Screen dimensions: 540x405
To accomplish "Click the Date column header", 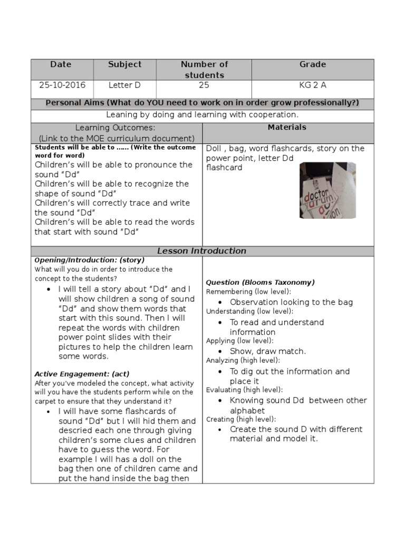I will tap(61, 64).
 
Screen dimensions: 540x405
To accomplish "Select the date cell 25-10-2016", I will tap(62, 85).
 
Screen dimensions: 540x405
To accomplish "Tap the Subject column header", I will tap(124, 64).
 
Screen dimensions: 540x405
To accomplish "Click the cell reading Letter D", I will tap(124, 85).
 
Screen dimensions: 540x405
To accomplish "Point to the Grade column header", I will tap(313, 64).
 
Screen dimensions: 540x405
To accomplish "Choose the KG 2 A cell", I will tap(313, 85).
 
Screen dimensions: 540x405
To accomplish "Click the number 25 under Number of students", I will tap(204, 85).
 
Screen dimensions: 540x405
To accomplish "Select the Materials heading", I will tap(287, 127).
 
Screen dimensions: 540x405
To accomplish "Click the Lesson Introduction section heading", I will tap(202, 251).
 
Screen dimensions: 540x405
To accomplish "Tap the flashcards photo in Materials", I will tap(327, 190).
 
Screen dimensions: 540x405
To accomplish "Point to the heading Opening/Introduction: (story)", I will tap(89, 260).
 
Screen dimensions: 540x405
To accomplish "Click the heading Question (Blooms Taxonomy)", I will tap(260, 282).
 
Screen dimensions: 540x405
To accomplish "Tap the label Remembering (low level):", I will tap(248, 292).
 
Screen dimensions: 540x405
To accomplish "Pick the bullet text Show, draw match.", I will tap(267, 351).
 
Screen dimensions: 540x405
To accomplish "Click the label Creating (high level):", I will tap(240, 419).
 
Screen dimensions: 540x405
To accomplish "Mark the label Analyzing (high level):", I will tap(243, 360).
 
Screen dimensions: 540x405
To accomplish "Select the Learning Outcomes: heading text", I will tap(115, 128).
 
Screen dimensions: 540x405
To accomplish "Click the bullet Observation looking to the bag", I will tap(291, 302).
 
